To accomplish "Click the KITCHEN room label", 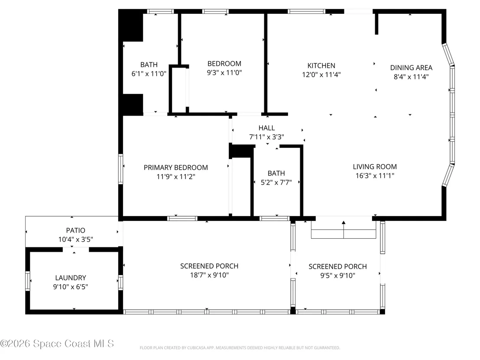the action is point(321,65).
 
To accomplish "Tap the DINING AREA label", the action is point(411,68).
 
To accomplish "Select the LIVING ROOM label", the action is point(375,167).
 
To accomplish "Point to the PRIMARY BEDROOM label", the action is point(176,168).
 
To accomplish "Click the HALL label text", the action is point(266,128).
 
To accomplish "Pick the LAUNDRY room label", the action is point(71,278).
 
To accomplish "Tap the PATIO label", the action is point(76,230).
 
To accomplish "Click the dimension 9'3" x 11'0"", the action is point(224,72).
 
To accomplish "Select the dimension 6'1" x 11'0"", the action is point(149,74).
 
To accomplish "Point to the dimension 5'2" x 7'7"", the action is point(276,182).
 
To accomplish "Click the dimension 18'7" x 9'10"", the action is point(209,275).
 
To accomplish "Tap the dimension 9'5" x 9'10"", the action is point(337,276).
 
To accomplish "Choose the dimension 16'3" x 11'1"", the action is point(375,176).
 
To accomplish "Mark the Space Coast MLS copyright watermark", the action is point(57,344).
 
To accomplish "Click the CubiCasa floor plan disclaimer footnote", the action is point(240,348).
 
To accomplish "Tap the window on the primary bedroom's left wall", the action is point(120,169).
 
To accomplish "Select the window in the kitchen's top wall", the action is point(306,12).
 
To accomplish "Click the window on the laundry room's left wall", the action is point(28,281).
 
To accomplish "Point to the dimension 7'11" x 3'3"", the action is point(266,137).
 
